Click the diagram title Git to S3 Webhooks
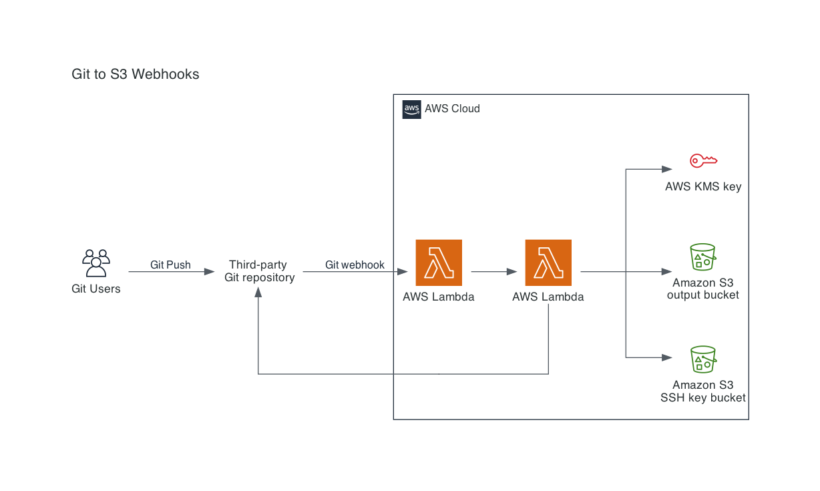[135, 74]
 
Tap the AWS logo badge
[411, 110]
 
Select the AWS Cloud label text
[452, 109]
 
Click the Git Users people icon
[96, 263]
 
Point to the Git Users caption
[96, 289]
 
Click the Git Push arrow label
[170, 265]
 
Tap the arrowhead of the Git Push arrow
[210, 272]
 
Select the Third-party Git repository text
[259, 271]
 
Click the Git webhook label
[355, 265]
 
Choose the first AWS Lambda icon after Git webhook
[439, 263]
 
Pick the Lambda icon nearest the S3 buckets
[548, 263]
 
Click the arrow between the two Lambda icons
[494, 272]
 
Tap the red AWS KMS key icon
[703, 161]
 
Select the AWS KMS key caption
[703, 187]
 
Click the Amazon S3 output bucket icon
[703, 257]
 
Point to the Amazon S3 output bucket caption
[703, 289]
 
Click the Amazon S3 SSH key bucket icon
[703, 359]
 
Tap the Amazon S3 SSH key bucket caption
[703, 391]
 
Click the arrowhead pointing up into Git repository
[258, 292]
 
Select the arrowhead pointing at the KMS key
[667, 169]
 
